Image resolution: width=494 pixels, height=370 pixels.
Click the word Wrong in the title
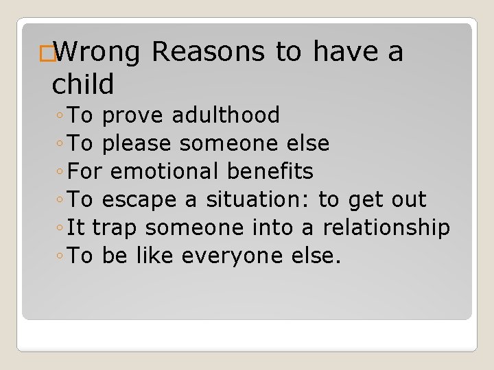point(97,52)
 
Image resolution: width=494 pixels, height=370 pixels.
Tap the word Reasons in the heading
point(209,52)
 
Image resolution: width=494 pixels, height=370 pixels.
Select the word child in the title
point(83,84)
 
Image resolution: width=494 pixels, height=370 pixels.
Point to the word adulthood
point(226,115)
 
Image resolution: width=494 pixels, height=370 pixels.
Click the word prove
point(133,116)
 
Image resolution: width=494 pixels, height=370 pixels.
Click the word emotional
point(163,171)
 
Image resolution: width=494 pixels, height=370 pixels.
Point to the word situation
point(258,199)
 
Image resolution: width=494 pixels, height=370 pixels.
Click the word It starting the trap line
point(78,227)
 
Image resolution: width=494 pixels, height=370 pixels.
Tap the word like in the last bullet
point(154,256)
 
